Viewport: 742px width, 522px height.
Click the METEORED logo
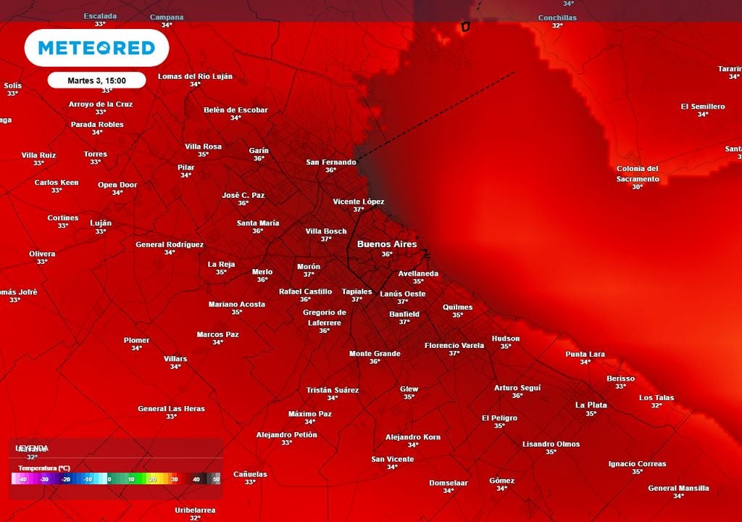96,48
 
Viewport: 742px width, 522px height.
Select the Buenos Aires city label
387,244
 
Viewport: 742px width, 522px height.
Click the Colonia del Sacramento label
638,173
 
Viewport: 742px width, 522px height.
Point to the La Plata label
591,405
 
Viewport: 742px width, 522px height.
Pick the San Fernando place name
331,162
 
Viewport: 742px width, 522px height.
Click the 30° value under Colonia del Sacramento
637,187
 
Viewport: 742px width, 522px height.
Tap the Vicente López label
358,201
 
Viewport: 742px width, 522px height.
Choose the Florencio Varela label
454,345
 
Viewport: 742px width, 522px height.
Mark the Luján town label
101,223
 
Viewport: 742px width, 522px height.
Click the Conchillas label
557,17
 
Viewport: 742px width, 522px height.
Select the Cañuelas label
250,474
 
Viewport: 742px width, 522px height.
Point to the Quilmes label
457,307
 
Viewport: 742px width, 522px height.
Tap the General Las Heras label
171,408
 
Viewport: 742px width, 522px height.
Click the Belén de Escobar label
235,110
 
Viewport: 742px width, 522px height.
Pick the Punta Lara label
585,354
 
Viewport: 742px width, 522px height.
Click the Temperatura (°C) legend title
44,468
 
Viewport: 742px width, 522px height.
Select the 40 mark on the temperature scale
196,479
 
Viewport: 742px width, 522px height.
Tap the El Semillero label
702,107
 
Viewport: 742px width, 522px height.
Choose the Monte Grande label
375,353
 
